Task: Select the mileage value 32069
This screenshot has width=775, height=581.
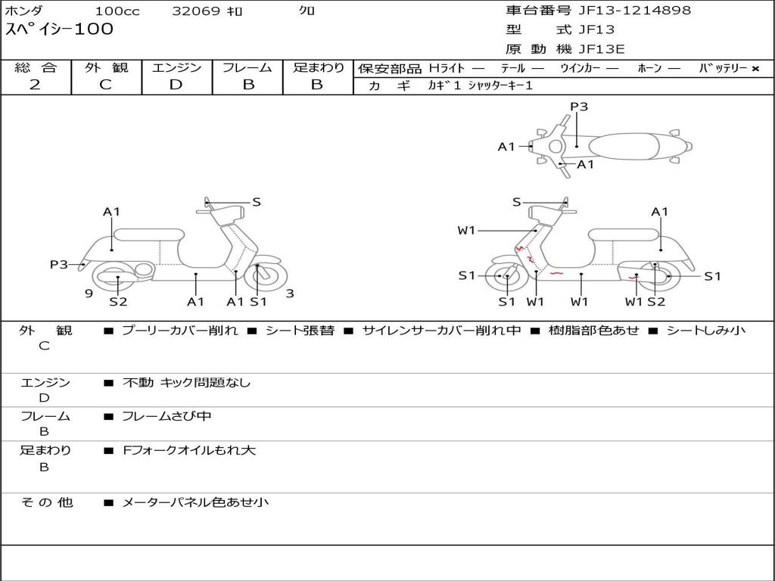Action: click(196, 11)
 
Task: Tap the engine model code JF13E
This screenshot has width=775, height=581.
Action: click(602, 49)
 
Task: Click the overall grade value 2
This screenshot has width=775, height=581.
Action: click(36, 85)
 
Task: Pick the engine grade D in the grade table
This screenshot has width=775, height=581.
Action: click(176, 85)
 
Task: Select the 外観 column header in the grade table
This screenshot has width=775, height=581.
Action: click(106, 67)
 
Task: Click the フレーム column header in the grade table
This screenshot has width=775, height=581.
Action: click(247, 67)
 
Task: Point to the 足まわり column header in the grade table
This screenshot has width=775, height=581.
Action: click(318, 67)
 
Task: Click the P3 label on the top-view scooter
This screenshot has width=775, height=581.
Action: click(579, 107)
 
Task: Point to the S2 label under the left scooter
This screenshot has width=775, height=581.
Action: click(118, 302)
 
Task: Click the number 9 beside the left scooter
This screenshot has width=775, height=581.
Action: click(89, 294)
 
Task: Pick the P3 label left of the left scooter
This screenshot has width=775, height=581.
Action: click(59, 264)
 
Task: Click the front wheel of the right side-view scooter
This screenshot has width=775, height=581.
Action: click(506, 277)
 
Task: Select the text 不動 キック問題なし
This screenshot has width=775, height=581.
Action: click(186, 383)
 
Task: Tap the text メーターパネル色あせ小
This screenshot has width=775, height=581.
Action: click(195, 502)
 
